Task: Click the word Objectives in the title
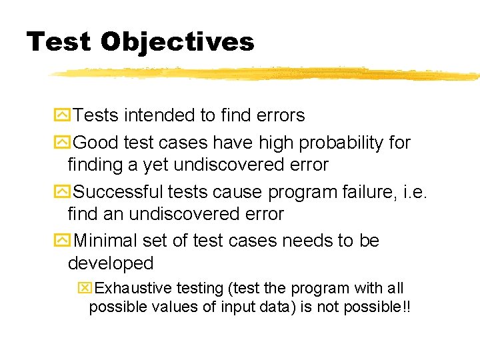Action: point(177,42)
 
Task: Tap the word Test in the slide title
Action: point(59,42)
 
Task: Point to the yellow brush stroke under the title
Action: point(267,73)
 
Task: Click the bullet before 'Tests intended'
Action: point(62,115)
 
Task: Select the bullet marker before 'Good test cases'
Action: point(62,143)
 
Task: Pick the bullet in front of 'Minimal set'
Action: point(62,241)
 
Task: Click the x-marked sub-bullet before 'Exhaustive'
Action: point(85,288)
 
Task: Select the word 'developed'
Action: point(111,263)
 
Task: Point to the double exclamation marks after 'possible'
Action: point(404,307)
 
